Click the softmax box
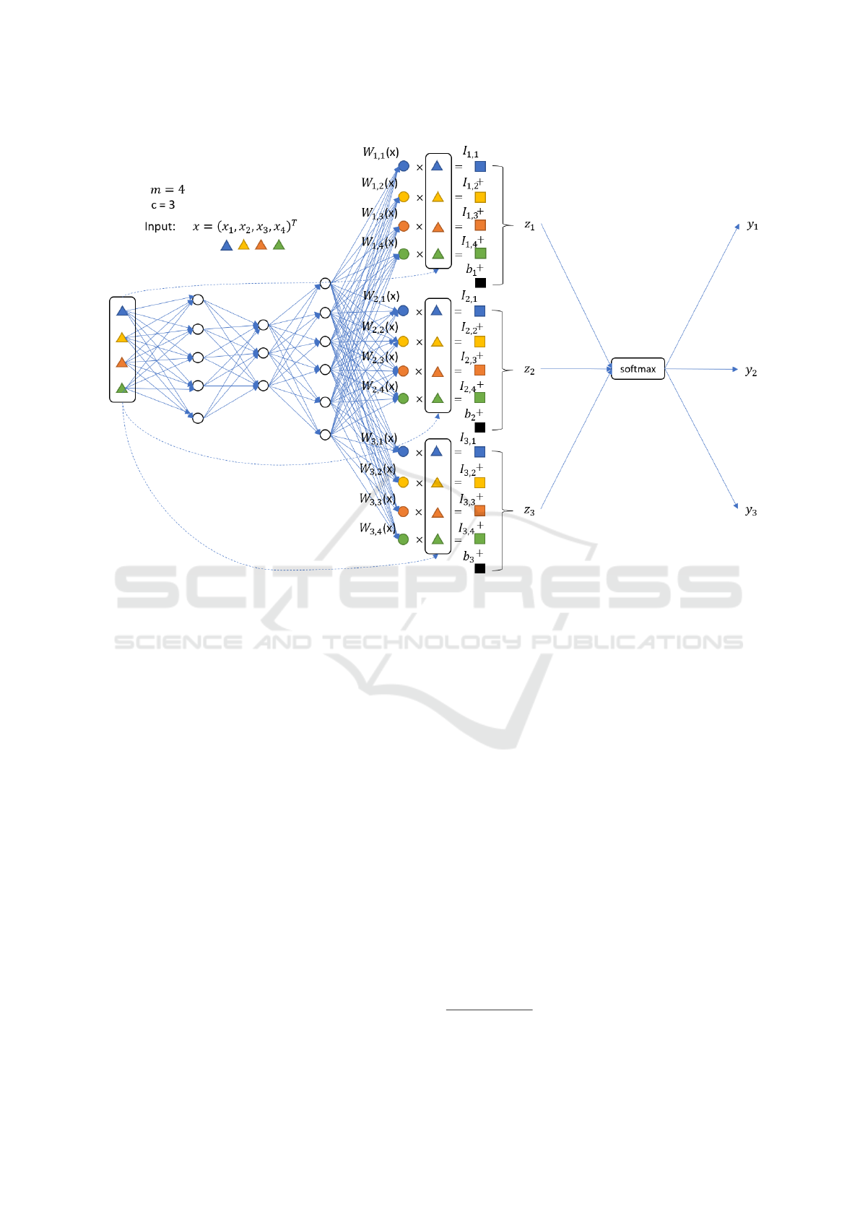(638, 369)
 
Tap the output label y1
(752, 225)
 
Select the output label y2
(751, 371)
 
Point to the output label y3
(751, 511)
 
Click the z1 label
(529, 225)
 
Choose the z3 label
(529, 511)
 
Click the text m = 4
(168, 190)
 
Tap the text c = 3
(163, 205)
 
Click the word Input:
(160, 227)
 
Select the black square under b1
(480, 283)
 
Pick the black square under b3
(479, 568)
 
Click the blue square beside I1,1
(480, 166)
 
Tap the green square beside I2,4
(479, 398)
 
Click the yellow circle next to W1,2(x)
(404, 197)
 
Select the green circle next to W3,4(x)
(404, 539)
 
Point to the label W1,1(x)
(381, 152)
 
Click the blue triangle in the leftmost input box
(122, 310)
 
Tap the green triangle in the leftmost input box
(122, 388)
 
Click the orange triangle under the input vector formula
(261, 245)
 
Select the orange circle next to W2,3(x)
(404, 371)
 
